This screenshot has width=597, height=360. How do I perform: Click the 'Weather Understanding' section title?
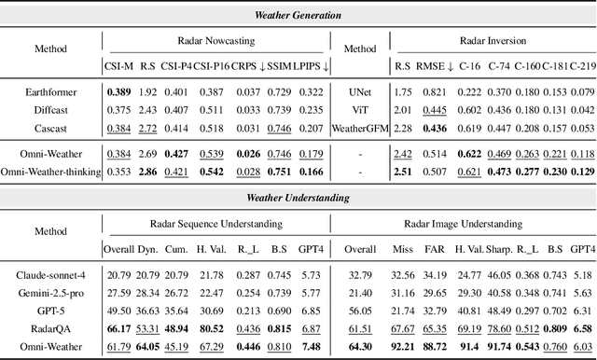[298, 199]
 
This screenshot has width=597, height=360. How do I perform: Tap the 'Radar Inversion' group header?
[493, 41]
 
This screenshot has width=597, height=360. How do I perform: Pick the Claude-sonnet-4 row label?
[53, 275]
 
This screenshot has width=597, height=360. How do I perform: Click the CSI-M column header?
[118, 66]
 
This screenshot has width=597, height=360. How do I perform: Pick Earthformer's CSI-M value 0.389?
[118, 92]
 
